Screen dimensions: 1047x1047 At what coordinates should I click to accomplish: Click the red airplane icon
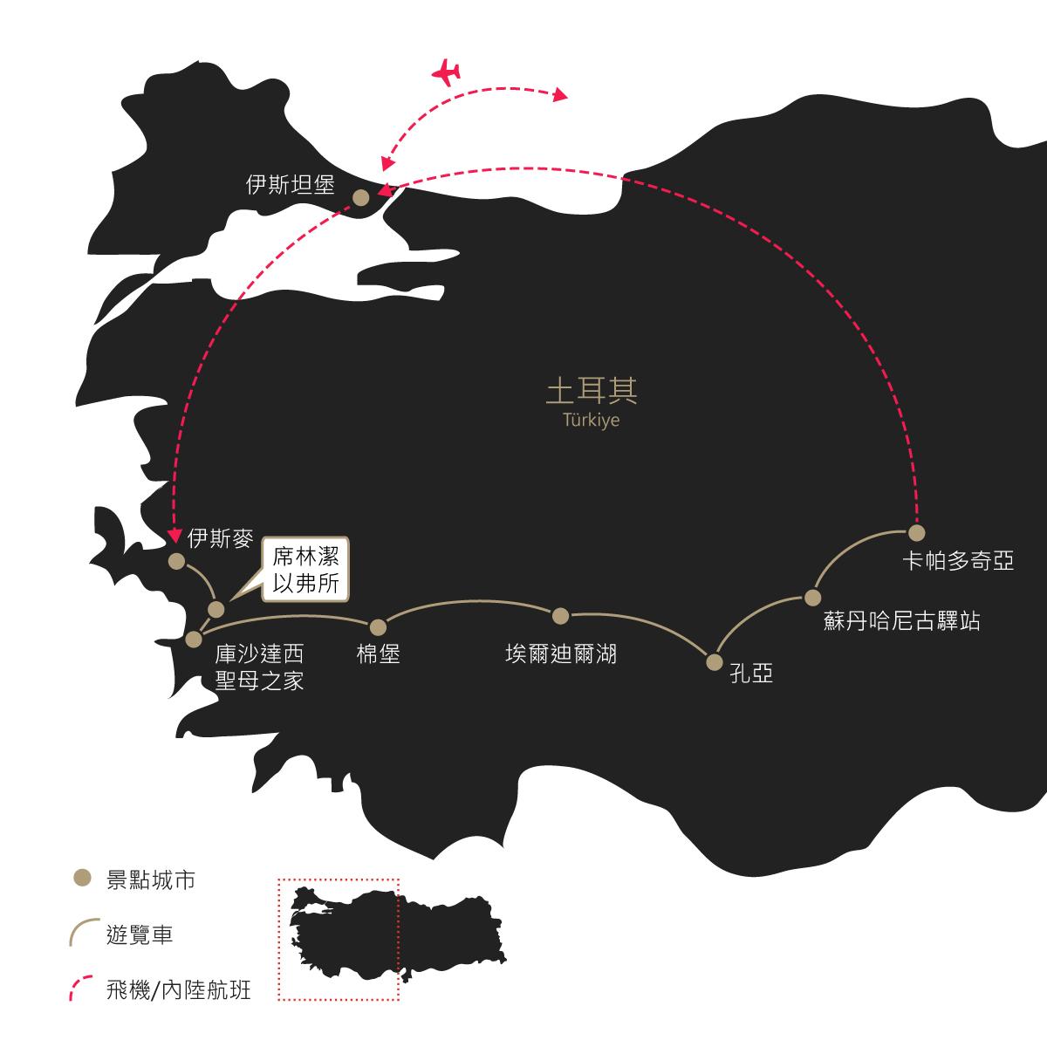447,72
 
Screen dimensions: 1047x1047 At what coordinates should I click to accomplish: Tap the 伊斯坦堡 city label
291,185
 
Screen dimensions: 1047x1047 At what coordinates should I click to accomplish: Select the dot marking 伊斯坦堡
360,198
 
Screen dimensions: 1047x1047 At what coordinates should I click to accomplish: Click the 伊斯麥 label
221,538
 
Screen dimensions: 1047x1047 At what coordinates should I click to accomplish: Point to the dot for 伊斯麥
176,561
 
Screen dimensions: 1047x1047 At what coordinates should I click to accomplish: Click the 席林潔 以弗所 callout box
305,570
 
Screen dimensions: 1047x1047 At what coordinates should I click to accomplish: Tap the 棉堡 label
378,654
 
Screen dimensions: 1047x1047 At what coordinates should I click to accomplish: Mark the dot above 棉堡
378,627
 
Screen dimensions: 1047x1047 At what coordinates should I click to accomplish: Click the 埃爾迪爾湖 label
561,654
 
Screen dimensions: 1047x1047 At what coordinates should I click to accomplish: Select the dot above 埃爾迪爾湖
560,616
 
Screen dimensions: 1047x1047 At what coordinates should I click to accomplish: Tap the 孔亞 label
751,674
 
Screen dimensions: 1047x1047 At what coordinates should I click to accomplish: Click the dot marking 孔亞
715,662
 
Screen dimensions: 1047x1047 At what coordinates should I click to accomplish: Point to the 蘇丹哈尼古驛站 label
901,621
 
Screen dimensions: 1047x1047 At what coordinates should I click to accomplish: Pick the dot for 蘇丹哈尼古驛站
812,598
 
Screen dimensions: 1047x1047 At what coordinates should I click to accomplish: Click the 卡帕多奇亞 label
958,561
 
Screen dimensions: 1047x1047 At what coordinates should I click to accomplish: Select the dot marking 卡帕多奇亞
917,533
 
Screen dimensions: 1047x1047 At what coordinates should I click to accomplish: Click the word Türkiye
592,420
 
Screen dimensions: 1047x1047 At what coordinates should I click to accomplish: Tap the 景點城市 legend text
150,880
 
